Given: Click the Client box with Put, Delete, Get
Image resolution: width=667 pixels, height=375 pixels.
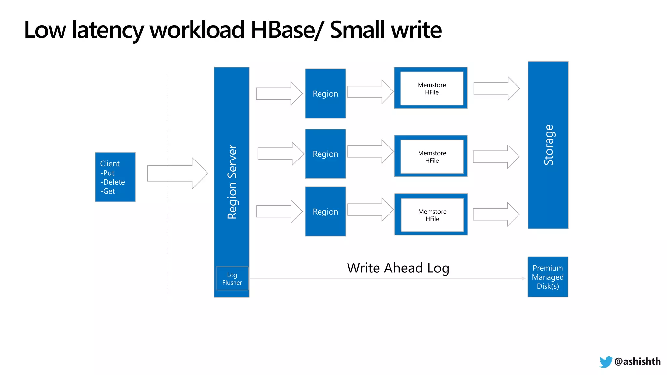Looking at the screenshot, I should [x=115, y=177].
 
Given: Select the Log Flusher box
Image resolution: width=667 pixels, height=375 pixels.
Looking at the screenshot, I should [x=232, y=279].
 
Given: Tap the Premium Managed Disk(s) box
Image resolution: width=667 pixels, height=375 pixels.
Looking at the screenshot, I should [x=548, y=277].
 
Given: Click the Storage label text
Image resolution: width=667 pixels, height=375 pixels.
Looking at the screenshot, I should [x=548, y=145].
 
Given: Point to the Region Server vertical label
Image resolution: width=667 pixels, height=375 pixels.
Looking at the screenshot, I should [x=232, y=182].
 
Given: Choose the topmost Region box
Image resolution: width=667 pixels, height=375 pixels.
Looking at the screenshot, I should [x=325, y=94].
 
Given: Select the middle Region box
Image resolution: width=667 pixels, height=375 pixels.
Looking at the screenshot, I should [x=325, y=154].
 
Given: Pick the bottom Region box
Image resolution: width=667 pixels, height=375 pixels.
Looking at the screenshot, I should [x=325, y=212].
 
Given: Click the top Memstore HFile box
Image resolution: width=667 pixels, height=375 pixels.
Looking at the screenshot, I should [x=432, y=89].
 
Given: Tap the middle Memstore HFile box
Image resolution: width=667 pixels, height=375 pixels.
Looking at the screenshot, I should [x=432, y=157].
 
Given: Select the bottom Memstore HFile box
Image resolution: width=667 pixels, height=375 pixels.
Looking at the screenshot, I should [x=432, y=215].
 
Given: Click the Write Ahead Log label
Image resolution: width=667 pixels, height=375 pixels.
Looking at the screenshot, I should [x=398, y=268].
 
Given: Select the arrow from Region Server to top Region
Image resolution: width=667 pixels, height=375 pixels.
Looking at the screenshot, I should [x=279, y=93].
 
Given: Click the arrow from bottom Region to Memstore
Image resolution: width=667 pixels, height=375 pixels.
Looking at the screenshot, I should [x=370, y=210].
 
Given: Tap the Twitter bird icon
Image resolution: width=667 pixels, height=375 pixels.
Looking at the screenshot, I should [x=605, y=362].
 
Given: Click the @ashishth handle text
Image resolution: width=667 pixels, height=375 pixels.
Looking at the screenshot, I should [x=637, y=361].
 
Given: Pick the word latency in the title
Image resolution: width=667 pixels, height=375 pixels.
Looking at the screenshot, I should [x=107, y=30].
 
